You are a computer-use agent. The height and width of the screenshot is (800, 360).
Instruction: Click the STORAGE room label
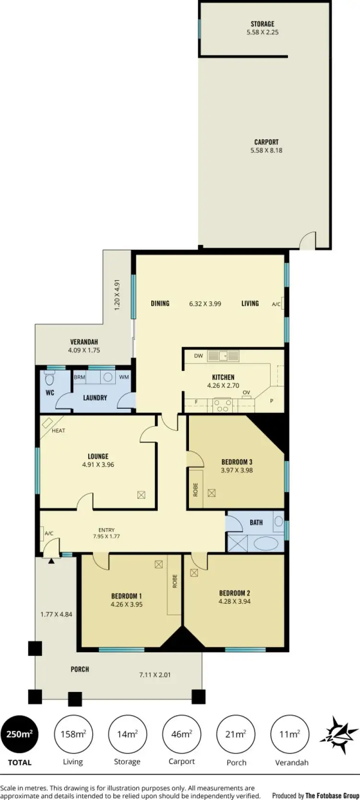[x=263, y=24]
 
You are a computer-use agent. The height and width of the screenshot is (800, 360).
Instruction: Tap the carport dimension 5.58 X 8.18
[x=266, y=150]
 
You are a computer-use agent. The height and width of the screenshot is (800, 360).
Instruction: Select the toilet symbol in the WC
[x=49, y=379]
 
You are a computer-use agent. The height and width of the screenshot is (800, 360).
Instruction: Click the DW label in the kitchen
[x=199, y=356]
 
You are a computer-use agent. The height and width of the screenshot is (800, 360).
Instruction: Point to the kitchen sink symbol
[x=223, y=356]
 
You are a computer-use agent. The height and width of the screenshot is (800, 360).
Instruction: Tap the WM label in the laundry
[x=124, y=377]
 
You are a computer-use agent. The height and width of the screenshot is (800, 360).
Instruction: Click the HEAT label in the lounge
[x=59, y=431]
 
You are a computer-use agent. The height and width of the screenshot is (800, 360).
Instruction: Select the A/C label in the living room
[x=276, y=304]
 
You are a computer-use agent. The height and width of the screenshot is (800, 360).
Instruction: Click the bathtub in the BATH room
[x=265, y=544]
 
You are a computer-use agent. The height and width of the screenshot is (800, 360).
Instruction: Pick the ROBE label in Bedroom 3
[x=195, y=489]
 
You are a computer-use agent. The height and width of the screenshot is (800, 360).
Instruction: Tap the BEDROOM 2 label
[x=235, y=593]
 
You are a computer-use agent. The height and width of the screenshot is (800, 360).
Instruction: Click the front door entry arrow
[x=51, y=560]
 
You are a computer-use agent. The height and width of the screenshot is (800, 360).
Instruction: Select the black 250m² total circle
[x=20, y=734]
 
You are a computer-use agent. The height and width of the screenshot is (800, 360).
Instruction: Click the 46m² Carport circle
[x=181, y=734]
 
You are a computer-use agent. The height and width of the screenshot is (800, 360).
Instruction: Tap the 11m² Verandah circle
[x=290, y=734]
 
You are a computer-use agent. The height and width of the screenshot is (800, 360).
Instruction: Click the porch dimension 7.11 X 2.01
[x=155, y=675]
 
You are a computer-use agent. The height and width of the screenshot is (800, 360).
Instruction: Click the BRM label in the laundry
[x=80, y=377]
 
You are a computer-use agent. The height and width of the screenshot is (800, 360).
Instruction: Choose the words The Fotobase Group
[x=332, y=796]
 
